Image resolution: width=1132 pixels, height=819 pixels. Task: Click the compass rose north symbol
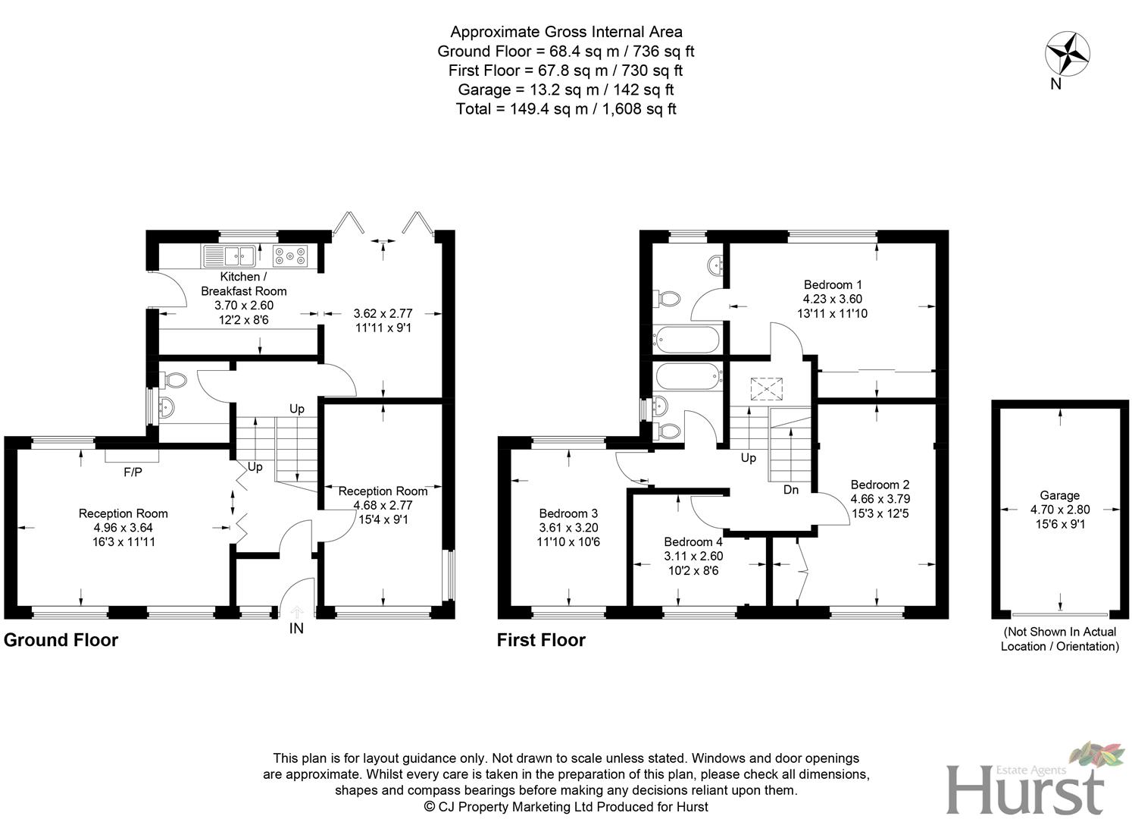click(x=1067, y=55)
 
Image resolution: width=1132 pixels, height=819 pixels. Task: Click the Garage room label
click(x=1059, y=495)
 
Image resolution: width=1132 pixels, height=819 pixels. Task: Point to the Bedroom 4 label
click(x=693, y=541)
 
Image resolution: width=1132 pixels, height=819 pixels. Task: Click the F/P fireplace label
click(x=133, y=472)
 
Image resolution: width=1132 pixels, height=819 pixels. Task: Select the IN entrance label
click(x=296, y=628)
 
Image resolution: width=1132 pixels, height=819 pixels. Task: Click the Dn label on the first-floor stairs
click(x=791, y=490)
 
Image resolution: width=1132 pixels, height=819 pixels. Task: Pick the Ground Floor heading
click(x=61, y=640)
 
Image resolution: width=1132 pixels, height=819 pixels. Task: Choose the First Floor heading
click(x=541, y=640)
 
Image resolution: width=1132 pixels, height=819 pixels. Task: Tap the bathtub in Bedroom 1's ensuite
click(x=686, y=339)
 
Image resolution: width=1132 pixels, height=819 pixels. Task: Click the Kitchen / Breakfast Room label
click(x=244, y=284)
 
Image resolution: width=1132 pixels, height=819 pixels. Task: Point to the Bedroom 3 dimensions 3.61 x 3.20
click(x=568, y=528)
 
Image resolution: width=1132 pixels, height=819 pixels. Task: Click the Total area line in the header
click(x=566, y=108)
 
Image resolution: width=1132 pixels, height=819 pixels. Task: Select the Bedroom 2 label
click(x=880, y=485)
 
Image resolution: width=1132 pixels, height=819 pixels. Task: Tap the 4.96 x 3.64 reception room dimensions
click(x=124, y=528)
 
